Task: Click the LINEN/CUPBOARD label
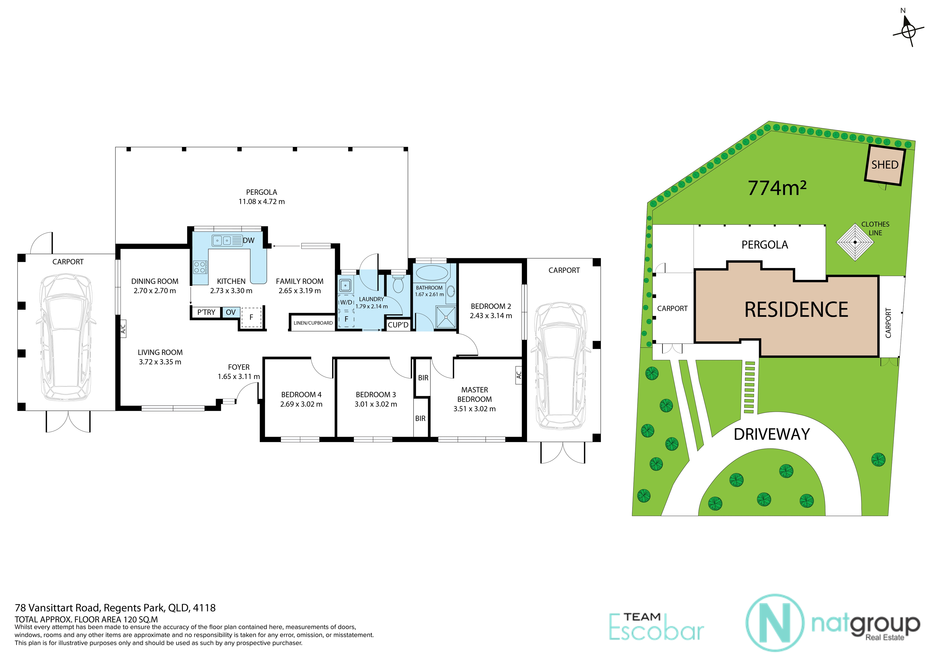point(313,323)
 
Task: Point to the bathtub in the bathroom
point(431,273)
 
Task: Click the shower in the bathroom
point(446,317)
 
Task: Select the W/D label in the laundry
point(346,302)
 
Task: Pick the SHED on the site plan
point(885,165)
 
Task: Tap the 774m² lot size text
point(777,188)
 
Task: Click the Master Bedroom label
point(474,395)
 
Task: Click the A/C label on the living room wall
point(123,328)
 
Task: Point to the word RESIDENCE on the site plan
point(796,310)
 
